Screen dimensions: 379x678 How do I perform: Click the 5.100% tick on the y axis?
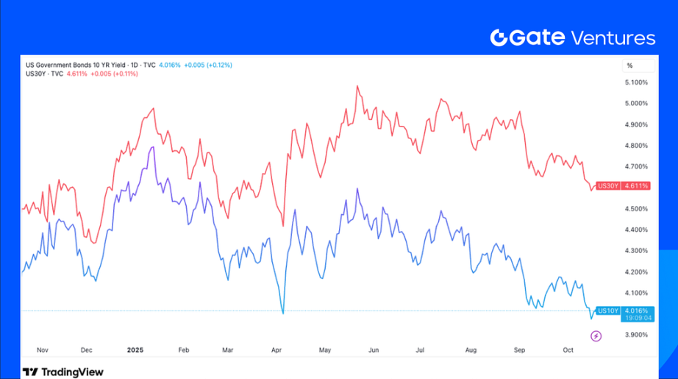[636, 82]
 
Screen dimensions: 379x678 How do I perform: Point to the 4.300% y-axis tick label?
[636, 251]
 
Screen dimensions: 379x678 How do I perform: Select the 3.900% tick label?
[636, 335]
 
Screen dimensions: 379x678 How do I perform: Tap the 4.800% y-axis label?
[636, 146]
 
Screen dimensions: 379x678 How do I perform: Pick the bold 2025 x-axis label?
[135, 350]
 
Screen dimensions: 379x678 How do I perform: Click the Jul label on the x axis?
[421, 350]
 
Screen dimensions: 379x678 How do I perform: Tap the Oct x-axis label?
[567, 350]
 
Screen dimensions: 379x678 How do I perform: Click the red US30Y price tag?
[624, 186]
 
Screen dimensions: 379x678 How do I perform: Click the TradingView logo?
[63, 372]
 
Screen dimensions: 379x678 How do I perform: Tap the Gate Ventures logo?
[572, 38]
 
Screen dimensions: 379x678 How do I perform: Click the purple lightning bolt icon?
[596, 336]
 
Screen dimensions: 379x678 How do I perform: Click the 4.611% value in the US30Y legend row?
[77, 74]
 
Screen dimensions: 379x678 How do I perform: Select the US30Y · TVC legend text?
[45, 74]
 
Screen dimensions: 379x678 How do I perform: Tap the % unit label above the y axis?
[629, 65]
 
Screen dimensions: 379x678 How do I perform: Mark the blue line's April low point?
[283, 313]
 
